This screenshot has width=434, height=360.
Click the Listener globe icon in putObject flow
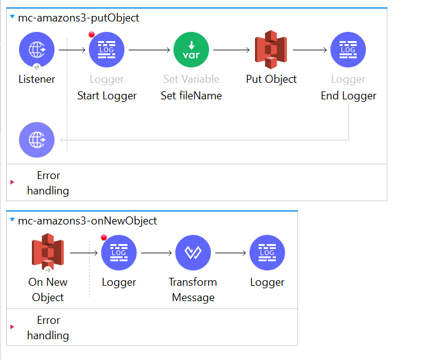pos(37,50)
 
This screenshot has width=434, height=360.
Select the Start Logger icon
pos(107,50)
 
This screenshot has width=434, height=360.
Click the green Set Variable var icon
pos(191,50)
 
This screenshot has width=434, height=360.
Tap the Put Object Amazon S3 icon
pos(271,50)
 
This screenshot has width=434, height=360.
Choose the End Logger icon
pos(348,50)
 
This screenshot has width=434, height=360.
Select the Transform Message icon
pos(193,253)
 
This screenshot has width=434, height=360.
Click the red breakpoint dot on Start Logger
pos(92,35)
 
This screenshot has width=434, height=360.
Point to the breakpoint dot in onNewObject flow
pos(104,238)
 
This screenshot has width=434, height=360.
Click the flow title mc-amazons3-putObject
pos(78,18)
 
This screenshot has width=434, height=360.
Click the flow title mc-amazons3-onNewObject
pos(87,221)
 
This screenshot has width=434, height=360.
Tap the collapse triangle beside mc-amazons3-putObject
pos(12,18)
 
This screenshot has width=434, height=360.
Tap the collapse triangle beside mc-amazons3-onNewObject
pos(12,220)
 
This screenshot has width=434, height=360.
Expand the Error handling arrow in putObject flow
pos(12,183)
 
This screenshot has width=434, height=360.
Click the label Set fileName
pos(191,96)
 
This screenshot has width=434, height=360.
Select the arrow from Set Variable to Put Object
pos(232,50)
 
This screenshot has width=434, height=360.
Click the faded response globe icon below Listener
pos(37,140)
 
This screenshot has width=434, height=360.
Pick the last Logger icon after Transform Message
pos(267,253)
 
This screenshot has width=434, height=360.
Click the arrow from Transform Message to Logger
pos(230,253)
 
